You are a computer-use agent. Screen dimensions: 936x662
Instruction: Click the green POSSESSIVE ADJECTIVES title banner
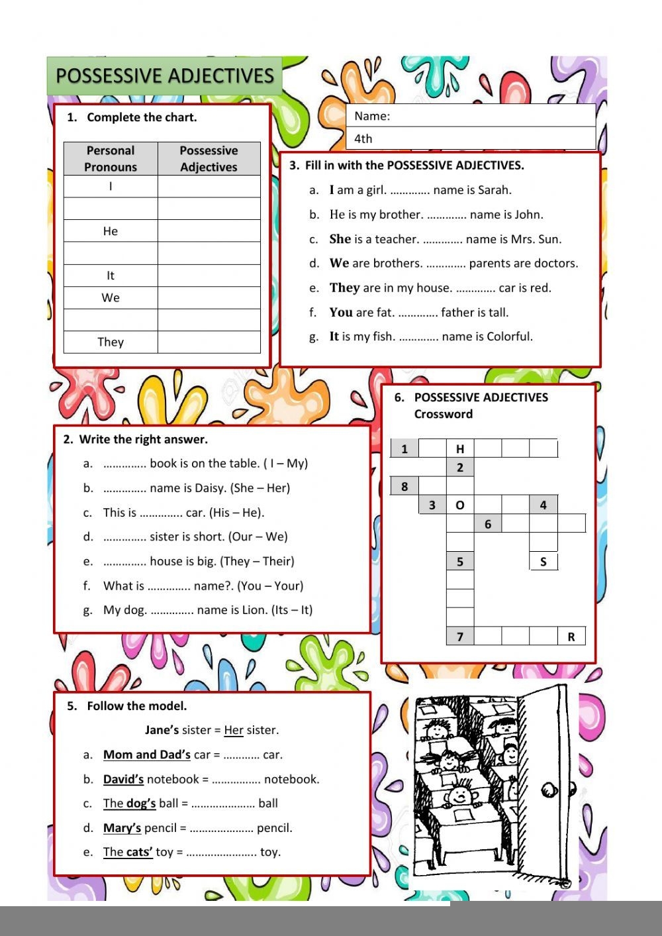point(164,76)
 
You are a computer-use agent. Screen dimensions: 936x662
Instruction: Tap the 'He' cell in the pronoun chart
point(111,231)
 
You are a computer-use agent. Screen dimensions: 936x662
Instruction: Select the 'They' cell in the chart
point(111,342)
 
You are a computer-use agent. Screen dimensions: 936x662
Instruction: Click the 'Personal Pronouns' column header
point(111,159)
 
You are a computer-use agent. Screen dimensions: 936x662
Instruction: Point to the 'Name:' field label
point(372,116)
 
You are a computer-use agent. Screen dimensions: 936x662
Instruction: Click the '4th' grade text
point(363,138)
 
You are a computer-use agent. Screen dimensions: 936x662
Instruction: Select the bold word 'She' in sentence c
point(340,239)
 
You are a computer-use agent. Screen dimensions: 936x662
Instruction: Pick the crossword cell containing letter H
point(460,449)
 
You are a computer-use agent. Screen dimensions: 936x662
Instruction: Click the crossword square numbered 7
point(460,637)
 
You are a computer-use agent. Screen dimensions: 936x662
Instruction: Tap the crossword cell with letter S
point(544,562)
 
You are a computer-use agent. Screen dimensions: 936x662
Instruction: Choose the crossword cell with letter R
point(571,637)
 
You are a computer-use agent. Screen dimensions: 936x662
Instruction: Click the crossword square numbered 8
point(404,486)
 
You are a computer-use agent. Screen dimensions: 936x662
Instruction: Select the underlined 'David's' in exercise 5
point(123,779)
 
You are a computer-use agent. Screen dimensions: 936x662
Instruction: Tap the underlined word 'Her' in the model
point(234,730)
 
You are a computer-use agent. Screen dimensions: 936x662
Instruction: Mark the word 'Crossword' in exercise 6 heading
point(443,414)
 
